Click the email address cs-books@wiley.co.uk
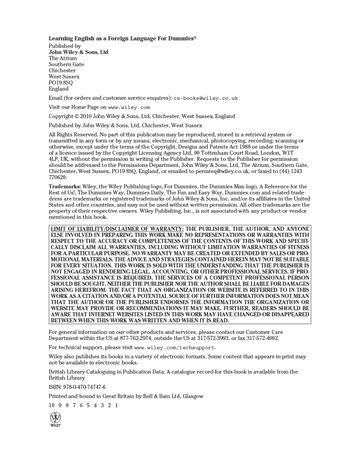[206, 98]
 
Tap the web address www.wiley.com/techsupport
[175, 348]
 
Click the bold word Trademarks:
[65, 187]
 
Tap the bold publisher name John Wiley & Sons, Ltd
[79, 52]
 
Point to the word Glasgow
[193, 396]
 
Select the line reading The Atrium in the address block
[63, 58]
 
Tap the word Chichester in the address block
[62, 70]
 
